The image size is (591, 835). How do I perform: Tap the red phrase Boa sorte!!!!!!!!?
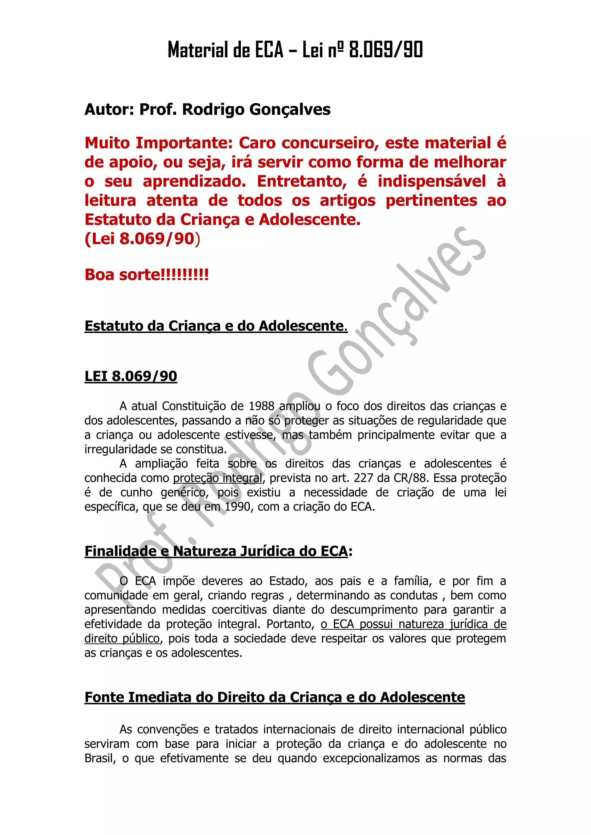147,274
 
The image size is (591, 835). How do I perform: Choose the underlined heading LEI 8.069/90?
131,376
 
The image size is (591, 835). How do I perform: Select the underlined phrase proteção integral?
218,478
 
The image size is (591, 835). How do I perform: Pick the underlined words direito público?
122,638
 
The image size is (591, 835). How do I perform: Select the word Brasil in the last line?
99,758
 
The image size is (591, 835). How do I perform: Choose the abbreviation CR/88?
410,478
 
